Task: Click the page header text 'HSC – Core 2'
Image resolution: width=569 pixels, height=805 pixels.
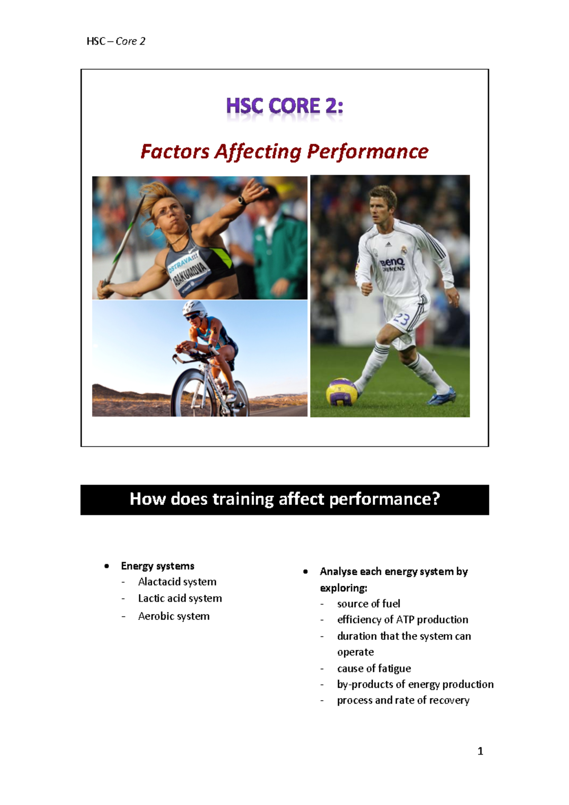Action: (x=116, y=41)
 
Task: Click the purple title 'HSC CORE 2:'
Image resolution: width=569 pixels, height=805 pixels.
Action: (x=284, y=106)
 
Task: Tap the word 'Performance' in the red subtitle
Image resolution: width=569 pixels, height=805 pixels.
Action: (x=367, y=152)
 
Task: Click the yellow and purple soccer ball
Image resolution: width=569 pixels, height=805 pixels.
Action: (x=341, y=392)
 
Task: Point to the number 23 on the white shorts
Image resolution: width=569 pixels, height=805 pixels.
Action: (x=401, y=319)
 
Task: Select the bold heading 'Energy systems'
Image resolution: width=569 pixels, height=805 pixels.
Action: (x=157, y=566)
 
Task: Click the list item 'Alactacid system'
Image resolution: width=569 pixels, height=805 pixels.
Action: (x=177, y=582)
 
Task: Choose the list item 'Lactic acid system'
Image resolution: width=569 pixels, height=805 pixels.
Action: (x=180, y=599)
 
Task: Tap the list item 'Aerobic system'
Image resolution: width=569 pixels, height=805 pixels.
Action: (x=174, y=616)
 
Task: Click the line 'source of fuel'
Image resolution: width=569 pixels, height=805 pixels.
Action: (x=368, y=604)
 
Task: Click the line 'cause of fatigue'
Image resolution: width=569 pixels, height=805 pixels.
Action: (x=374, y=669)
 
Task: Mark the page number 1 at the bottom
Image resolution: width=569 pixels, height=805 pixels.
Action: (x=480, y=751)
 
